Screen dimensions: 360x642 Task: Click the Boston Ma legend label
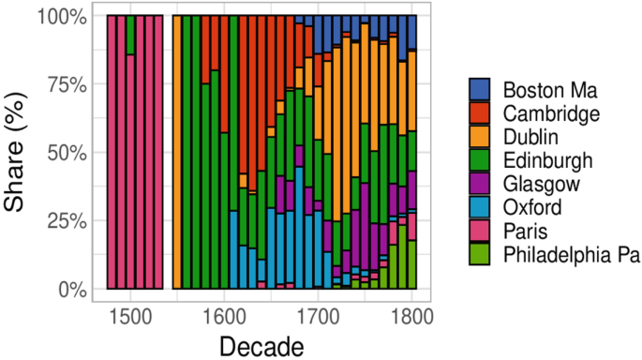546,90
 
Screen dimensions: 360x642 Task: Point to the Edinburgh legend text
547,160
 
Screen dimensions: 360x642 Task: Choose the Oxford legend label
532,207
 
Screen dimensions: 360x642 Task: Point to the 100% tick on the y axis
62,16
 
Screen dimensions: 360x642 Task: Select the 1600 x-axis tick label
223,313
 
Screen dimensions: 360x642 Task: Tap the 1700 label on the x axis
318,313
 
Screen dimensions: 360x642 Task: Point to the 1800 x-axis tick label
411,313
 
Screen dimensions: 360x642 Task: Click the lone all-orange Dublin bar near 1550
176,152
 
